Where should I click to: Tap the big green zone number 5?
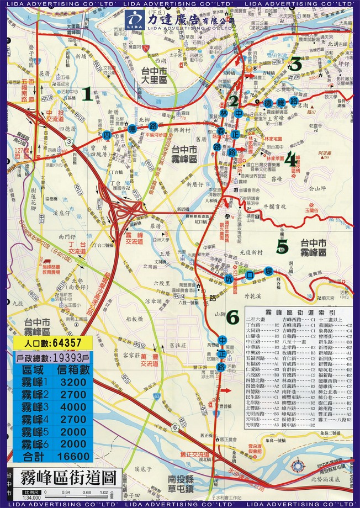(x=282, y=246)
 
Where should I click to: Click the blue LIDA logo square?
(x=135, y=21)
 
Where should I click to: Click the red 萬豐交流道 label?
(x=147, y=361)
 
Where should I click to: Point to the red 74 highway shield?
(x=145, y=48)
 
